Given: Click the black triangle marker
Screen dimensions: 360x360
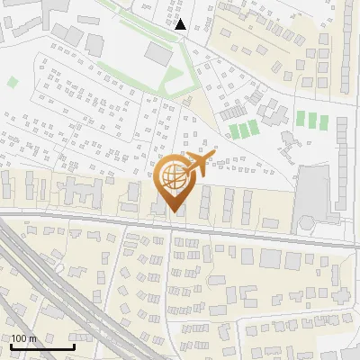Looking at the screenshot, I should tap(181, 24).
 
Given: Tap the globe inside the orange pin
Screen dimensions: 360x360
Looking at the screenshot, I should tap(173, 179).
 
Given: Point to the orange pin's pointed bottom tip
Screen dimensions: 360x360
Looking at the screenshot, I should tap(173, 213).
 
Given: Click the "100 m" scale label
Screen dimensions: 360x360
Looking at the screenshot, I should tap(24, 338).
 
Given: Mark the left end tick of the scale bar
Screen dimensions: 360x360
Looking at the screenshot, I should tap(12, 346).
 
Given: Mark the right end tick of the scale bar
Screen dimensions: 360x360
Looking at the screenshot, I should tap(74, 346).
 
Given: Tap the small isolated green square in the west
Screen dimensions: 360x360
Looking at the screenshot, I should tap(13, 82).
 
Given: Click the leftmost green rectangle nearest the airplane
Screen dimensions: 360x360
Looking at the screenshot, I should tap(233, 131).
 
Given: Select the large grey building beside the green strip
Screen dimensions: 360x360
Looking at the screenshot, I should tap(159, 53).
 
